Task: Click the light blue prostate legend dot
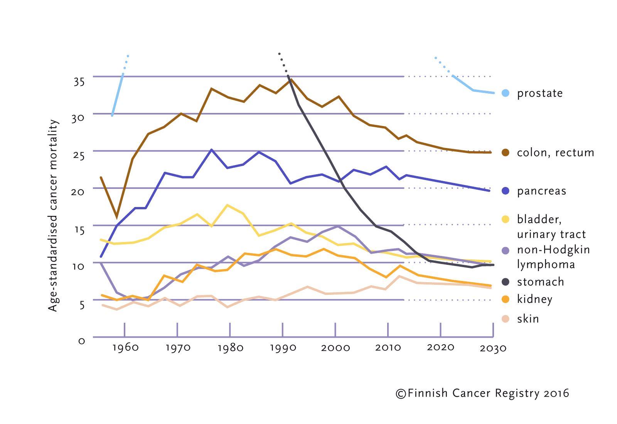tap(506, 93)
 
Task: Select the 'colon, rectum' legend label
tap(555, 153)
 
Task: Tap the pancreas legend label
tap(541, 191)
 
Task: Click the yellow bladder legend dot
tap(506, 219)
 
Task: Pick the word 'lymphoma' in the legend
tap(546, 264)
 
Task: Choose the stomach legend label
tap(540, 282)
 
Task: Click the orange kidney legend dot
tap(506, 299)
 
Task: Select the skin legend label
tap(528, 319)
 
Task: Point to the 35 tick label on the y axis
tap(79, 82)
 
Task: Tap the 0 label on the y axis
tap(81, 341)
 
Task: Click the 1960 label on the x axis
tap(125, 348)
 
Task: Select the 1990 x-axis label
tap(283, 348)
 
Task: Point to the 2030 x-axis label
tap(493, 348)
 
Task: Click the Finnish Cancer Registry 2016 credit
tap(482, 393)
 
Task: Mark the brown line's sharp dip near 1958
tap(117, 217)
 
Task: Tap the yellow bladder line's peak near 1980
tap(228, 205)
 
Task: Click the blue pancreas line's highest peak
tap(211, 150)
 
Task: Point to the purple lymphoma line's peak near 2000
tap(338, 226)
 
